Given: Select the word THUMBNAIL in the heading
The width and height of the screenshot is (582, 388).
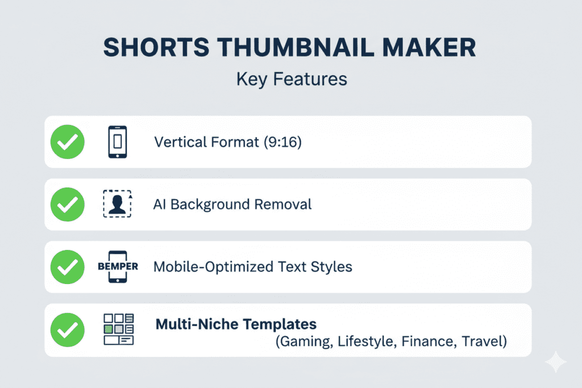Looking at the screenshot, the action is pos(296,47).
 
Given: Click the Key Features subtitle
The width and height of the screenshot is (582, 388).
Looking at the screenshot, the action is pos(292,80).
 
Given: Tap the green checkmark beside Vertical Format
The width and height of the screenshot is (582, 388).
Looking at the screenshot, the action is pos(68,142).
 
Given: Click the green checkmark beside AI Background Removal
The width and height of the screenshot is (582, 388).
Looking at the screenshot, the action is pos(68,205).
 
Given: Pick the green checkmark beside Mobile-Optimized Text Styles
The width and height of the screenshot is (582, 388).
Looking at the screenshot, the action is pos(68,267).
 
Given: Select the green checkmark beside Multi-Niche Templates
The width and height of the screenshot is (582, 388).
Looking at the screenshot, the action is pos(68,329).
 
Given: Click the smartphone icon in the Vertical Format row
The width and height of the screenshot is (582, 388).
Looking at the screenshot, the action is pos(118,142).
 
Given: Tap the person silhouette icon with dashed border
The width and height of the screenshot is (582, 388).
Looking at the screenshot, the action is pos(117,203).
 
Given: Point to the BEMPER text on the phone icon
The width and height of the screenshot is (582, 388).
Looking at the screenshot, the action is pos(118,266).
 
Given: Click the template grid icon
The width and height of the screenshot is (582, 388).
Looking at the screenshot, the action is pos(118,329).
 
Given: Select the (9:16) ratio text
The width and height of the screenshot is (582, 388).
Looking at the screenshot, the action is pos(283,142).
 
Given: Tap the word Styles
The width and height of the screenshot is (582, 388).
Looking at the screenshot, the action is pos(331,267).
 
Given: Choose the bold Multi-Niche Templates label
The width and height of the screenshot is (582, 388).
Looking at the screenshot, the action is pos(236,324).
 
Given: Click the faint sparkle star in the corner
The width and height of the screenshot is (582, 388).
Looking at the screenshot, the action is pos(556,362).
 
